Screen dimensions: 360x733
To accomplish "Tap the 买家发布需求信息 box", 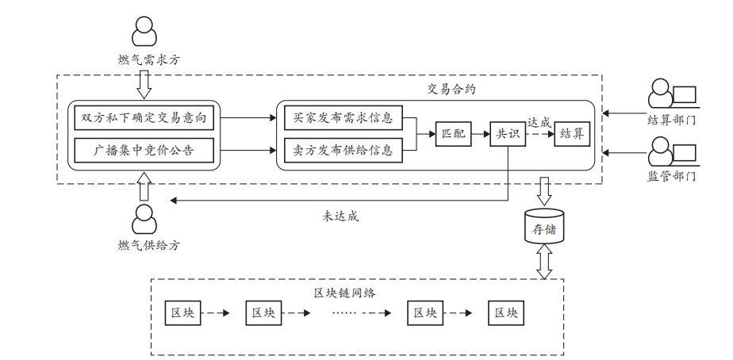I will (343, 118).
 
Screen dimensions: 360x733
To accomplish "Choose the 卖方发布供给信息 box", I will (343, 149).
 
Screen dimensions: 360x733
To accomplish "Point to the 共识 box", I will (508, 134).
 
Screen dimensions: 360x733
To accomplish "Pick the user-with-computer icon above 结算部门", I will (671, 95).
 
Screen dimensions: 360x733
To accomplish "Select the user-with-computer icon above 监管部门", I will (671, 151).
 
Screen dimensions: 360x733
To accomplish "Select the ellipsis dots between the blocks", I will (344, 313).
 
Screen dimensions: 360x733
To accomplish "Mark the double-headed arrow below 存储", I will (544, 262).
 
